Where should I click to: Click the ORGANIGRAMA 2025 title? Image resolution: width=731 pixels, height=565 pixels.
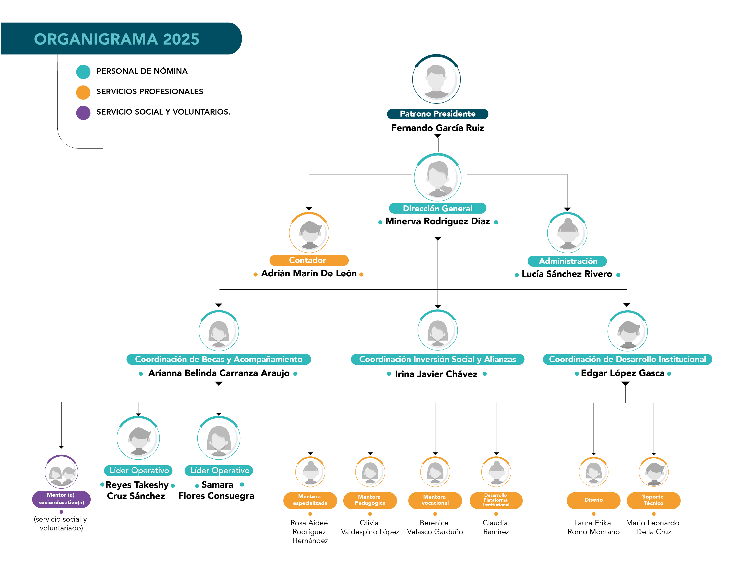pos(117,39)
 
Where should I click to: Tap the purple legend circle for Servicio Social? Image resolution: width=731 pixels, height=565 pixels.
pos(83,113)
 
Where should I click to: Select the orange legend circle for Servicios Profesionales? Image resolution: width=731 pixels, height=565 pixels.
pos(83,92)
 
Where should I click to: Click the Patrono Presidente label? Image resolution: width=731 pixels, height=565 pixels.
pos(437,114)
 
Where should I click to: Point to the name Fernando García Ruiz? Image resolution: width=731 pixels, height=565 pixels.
pos(437,128)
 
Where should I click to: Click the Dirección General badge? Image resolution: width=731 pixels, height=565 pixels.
pos(437,208)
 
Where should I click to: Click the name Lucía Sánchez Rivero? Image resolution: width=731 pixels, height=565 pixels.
pos(567,274)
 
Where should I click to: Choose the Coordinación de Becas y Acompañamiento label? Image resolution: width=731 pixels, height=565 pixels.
pos(219,359)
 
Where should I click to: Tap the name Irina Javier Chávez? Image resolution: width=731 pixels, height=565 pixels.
pos(436,374)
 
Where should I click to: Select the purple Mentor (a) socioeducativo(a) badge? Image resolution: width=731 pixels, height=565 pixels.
pos(61,499)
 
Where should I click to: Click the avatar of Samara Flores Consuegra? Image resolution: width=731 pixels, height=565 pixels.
pos(219,438)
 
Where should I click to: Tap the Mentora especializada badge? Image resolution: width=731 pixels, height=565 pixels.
pos(310,500)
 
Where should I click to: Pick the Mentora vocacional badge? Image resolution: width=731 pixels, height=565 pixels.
pos(435,500)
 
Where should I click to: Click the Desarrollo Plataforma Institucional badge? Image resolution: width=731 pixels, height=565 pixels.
pos(496,500)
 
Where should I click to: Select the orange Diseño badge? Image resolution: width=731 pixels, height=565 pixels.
pos(593,500)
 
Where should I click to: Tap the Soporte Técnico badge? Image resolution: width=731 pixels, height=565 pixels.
pos(653,500)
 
